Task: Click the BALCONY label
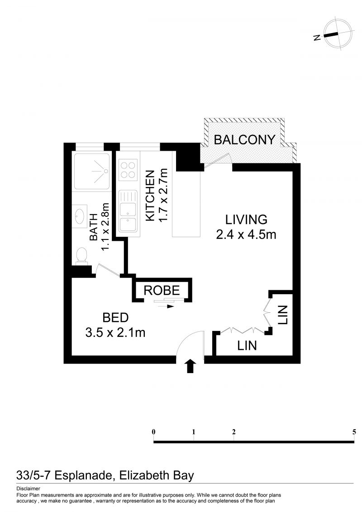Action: point(244,140)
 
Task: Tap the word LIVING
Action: point(246,220)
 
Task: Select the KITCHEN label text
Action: point(150,196)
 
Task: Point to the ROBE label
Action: point(162,290)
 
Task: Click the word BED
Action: point(115,317)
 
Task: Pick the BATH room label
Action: point(94,227)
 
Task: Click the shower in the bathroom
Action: point(92,171)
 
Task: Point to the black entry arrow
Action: point(191,366)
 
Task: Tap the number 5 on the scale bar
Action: point(354,432)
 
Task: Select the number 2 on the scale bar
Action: point(234,432)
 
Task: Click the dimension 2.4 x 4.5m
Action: point(246,234)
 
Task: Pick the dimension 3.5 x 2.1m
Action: point(115,332)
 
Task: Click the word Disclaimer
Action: point(28,489)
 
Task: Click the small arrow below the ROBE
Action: point(167,306)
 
